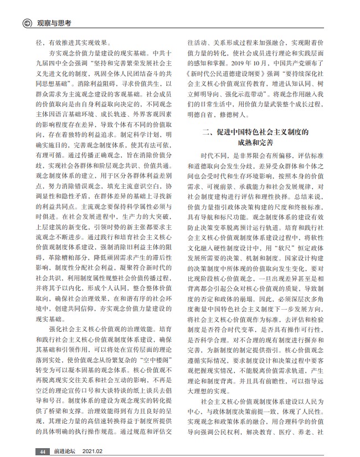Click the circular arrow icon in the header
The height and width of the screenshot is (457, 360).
26,23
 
